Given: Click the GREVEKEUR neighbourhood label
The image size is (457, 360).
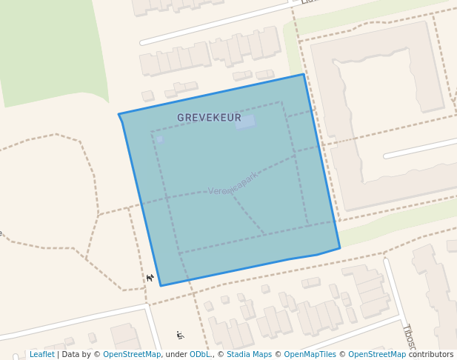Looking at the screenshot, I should pos(209,118).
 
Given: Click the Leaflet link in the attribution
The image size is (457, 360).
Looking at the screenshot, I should pos(41,354).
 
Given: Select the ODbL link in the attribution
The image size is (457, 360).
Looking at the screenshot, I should pos(200,354).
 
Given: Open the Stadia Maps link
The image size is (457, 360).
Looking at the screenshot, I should pos(249,354).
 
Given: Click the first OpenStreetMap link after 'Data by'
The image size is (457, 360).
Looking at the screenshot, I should pos(132,354).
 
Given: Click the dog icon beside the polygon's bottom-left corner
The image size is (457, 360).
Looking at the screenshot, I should pos(150,278).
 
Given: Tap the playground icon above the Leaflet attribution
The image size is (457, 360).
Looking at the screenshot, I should pos(180,336).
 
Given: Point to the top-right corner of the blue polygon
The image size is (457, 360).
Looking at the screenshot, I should pos(304,74).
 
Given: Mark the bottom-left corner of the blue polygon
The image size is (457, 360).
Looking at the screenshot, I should pos(161,285).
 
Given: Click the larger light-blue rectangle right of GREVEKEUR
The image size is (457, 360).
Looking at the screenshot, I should pos(245,122).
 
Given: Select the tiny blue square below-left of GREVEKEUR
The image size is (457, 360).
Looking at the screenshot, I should pos(159,139).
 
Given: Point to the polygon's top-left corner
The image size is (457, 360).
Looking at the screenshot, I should pos(119,114).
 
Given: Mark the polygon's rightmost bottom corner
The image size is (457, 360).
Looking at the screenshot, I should pos(340,248).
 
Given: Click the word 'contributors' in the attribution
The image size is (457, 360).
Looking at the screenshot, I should pos(431,354).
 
